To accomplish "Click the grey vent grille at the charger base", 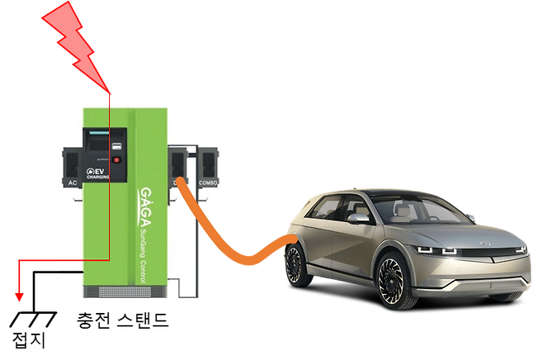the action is (x=115, y=291).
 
